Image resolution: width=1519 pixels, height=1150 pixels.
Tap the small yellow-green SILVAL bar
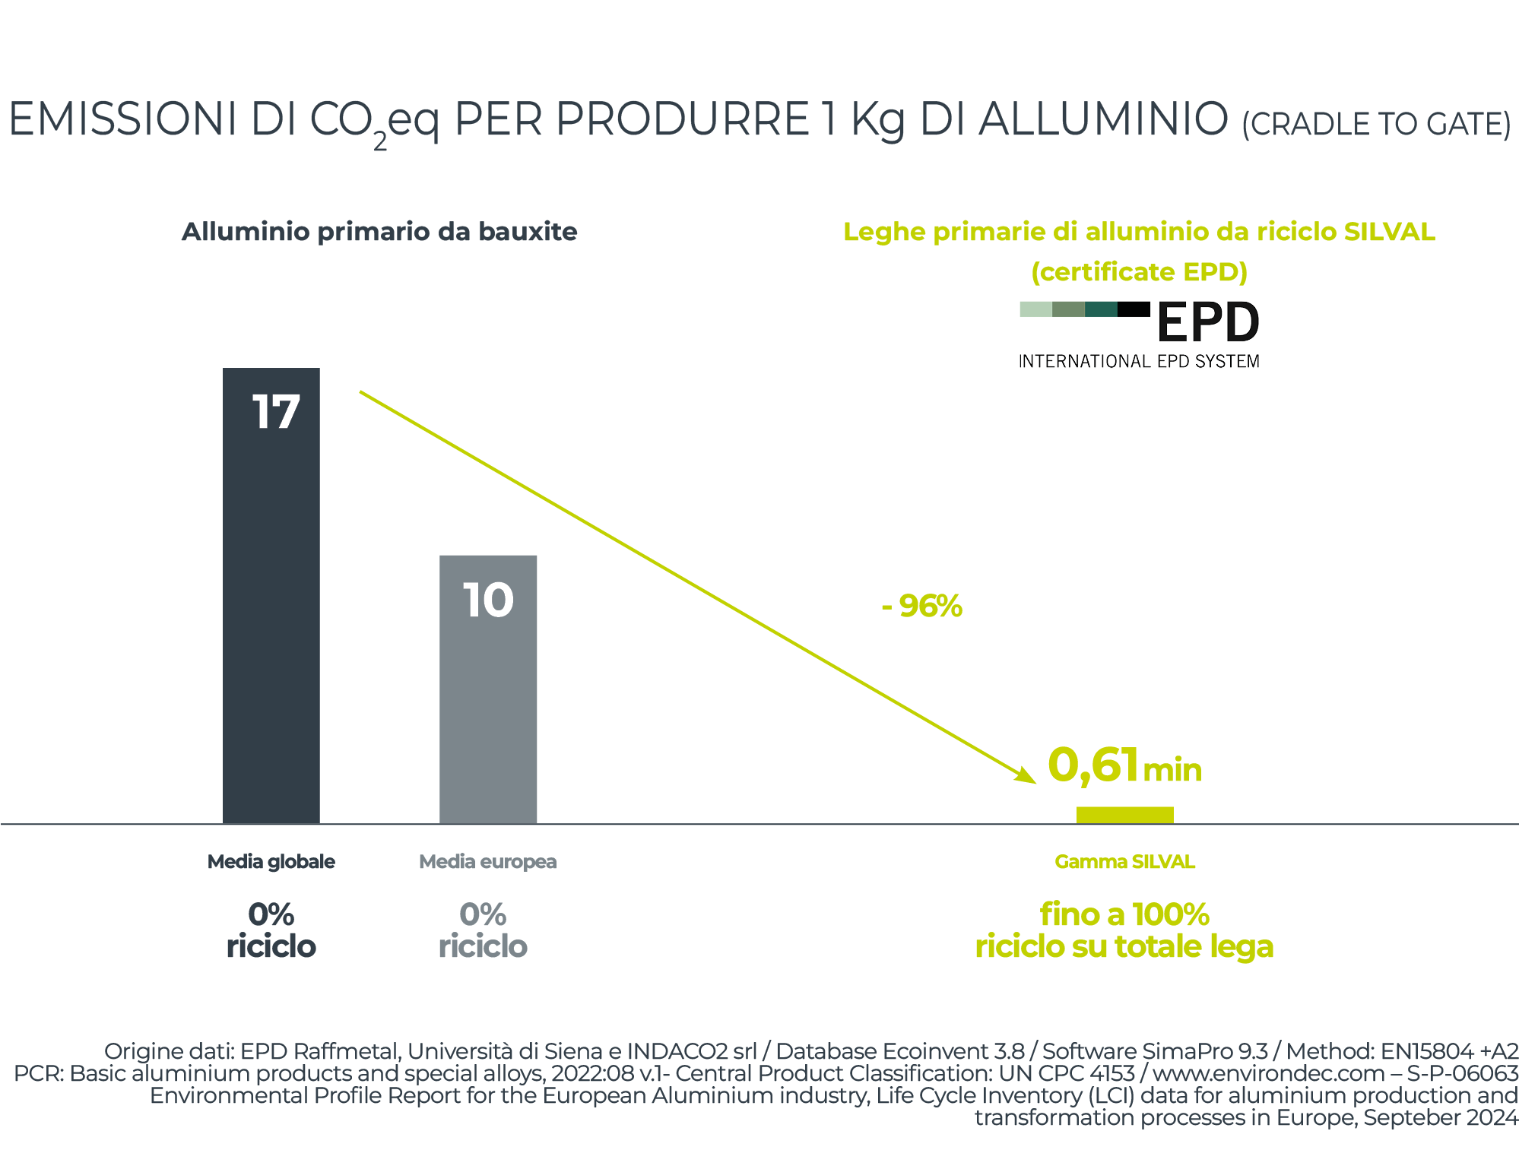(x=1124, y=815)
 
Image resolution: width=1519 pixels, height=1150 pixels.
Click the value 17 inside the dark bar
(x=275, y=412)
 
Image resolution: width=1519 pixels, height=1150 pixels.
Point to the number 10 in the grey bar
(x=488, y=600)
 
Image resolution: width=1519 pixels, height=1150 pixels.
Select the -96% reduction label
(x=922, y=606)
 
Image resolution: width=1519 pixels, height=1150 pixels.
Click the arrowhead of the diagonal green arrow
(x=1028, y=776)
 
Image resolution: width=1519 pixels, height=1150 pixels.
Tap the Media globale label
(x=271, y=861)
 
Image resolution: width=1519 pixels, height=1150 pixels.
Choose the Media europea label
(x=487, y=861)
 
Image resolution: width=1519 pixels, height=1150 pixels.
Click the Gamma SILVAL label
(x=1124, y=861)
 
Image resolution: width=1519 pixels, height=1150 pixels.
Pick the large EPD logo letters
(x=1207, y=322)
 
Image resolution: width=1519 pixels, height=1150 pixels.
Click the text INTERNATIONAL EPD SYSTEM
(x=1138, y=362)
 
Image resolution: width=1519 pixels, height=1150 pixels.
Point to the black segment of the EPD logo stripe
(x=1134, y=309)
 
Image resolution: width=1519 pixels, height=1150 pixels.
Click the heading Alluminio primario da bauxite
(x=379, y=231)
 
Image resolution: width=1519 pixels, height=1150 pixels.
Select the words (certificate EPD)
(x=1139, y=271)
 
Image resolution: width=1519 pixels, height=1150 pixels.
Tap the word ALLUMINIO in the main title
(x=1103, y=120)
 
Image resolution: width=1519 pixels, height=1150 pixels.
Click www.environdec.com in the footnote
(x=1268, y=1073)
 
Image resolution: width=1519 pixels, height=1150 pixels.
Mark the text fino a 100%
(x=1124, y=914)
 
